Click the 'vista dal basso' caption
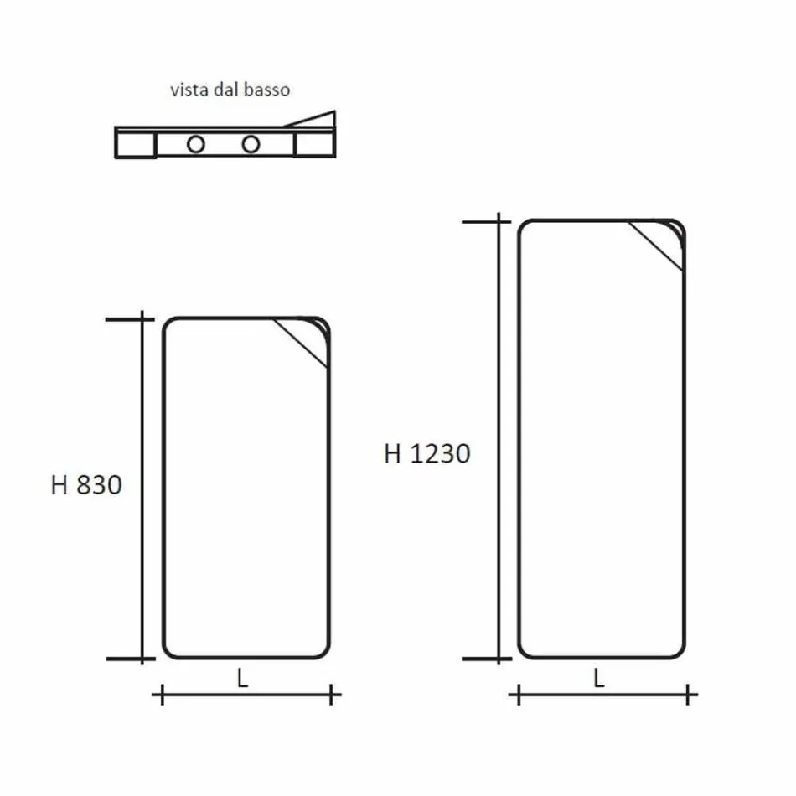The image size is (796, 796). (x=230, y=90)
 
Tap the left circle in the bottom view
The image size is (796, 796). (x=196, y=145)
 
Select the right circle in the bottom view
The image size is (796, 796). (x=250, y=145)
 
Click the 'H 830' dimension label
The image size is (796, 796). (x=86, y=485)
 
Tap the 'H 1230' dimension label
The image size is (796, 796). (x=427, y=453)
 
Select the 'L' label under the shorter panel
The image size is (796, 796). (x=242, y=680)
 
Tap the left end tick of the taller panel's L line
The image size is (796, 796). (x=519, y=695)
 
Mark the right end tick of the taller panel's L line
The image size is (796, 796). (x=689, y=695)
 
